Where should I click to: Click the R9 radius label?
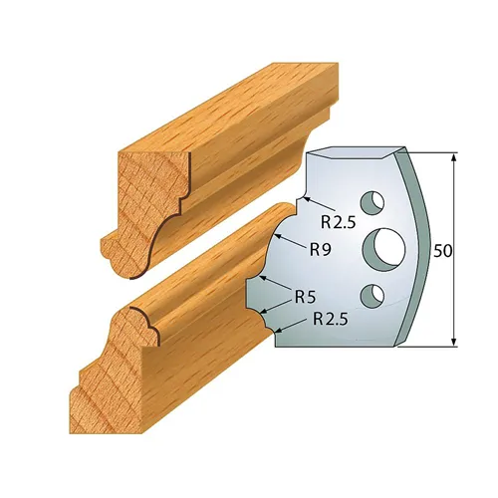[319, 251]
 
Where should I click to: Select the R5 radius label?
[307, 296]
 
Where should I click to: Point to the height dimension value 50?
[443, 251]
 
